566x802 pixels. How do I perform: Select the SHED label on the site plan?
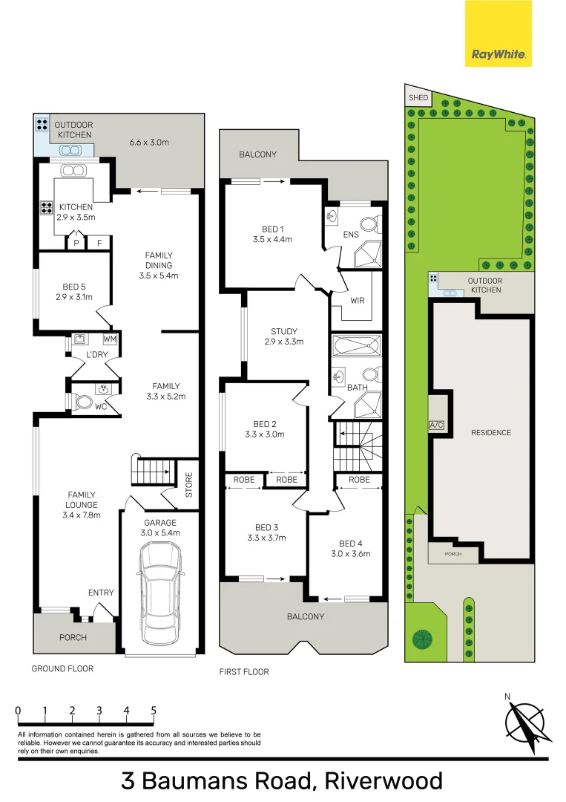[x=418, y=97]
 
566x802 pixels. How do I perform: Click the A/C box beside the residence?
[x=436, y=426]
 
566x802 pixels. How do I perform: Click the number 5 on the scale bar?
[x=154, y=711]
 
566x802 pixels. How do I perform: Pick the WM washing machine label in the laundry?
[x=111, y=339]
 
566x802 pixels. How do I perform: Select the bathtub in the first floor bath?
[x=356, y=347]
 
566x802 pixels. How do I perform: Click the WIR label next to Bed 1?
[x=358, y=301]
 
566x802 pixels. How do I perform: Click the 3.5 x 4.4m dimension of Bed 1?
[x=272, y=239]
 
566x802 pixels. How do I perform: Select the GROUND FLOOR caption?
[x=62, y=668]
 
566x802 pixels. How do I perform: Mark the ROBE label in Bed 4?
[x=359, y=480]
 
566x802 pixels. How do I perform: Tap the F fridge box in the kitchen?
[x=99, y=242]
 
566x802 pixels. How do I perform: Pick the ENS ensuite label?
[x=351, y=235]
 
